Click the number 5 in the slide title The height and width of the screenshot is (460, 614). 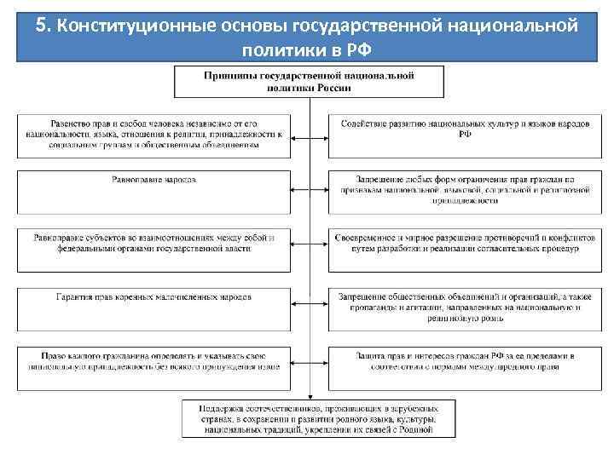point(42,25)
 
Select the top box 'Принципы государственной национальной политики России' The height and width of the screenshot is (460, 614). point(308,82)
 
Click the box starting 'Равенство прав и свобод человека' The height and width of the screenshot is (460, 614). point(154,134)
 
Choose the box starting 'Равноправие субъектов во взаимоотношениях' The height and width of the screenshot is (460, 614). point(154,243)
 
